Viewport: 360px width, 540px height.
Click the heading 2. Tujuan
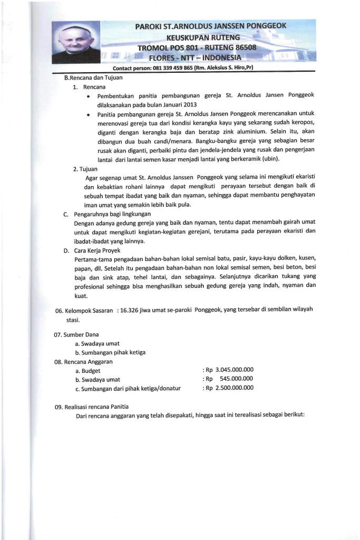(87, 169)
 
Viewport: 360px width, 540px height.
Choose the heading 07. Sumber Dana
(76, 334)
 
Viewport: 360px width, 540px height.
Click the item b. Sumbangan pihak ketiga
(110, 352)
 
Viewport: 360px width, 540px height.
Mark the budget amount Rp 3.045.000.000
(229, 370)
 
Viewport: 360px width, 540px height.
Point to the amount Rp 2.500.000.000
(229, 388)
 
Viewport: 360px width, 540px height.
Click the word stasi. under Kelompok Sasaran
(73, 319)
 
